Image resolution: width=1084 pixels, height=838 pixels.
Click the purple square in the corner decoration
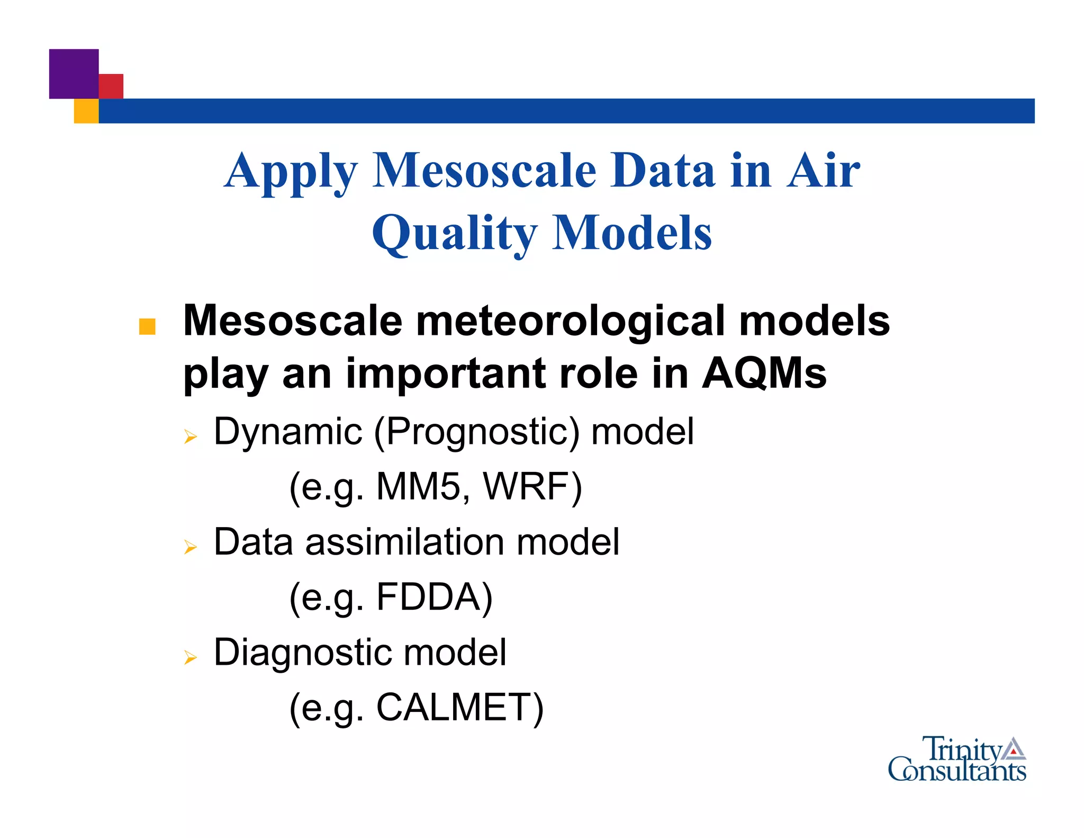[74, 74]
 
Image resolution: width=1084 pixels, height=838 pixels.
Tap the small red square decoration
[112, 86]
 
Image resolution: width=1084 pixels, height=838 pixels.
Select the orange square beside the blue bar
[86, 111]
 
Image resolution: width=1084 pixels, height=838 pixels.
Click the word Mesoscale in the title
[484, 171]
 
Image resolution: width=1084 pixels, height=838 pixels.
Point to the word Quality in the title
[454, 234]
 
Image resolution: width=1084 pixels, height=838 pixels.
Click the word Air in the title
[823, 171]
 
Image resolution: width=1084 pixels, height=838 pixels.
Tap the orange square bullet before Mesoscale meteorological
[147, 326]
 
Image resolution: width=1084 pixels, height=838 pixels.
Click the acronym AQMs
[764, 373]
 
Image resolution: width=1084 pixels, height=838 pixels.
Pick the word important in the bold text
[446, 374]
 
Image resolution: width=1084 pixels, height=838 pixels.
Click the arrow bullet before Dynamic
[191, 438]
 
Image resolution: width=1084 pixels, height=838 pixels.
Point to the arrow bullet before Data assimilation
[191, 547]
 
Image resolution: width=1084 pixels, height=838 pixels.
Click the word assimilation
[405, 542]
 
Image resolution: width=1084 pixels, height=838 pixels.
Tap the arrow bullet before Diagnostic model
[191, 658]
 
